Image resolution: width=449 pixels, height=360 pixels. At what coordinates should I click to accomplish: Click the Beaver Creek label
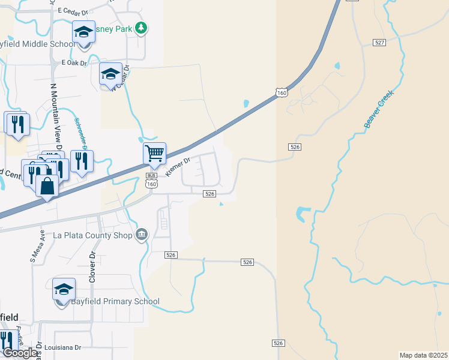(x=378, y=109)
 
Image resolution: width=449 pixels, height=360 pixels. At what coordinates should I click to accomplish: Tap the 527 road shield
(x=378, y=43)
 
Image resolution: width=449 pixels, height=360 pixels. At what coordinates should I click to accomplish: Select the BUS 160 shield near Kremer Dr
(x=151, y=181)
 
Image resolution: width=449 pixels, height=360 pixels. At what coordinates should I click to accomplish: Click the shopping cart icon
(x=154, y=153)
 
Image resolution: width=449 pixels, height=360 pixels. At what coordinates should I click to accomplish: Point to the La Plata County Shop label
(x=92, y=235)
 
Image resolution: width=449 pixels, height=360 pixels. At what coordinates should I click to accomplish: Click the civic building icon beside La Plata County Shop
(x=142, y=233)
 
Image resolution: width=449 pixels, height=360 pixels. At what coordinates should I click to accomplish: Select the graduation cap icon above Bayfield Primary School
(x=64, y=289)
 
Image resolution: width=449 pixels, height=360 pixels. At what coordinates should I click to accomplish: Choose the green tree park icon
(x=140, y=27)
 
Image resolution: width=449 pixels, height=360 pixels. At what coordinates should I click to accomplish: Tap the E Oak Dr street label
(x=74, y=62)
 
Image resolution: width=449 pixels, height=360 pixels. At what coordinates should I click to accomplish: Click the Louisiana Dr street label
(x=62, y=347)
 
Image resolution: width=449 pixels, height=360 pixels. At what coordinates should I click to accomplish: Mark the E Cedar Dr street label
(x=74, y=11)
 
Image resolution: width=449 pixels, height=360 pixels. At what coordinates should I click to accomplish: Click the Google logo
(x=20, y=353)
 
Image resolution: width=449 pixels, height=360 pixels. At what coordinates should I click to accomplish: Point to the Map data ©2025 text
(x=424, y=355)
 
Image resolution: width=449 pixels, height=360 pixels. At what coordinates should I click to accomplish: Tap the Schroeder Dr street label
(x=80, y=132)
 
